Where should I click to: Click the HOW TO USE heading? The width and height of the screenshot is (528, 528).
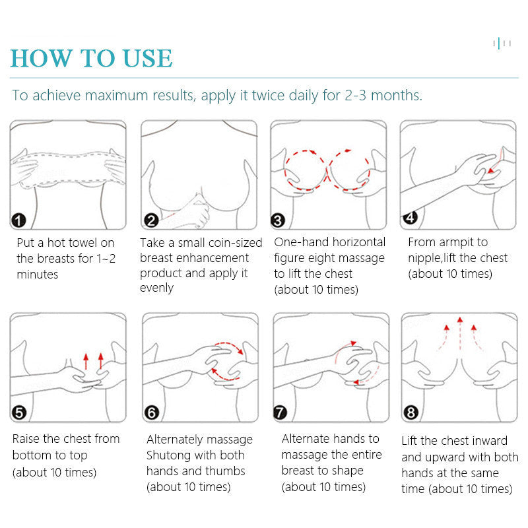[x=91, y=58]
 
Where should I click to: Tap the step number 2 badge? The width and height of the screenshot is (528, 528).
[x=151, y=220]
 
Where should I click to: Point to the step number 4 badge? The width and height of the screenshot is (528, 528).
[x=409, y=217]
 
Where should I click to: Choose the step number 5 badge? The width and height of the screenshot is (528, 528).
[x=19, y=413]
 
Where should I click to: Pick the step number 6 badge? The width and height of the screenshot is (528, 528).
[x=152, y=413]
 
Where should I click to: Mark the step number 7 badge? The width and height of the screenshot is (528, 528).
[x=280, y=413]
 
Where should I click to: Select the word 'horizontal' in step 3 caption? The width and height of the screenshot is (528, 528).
[x=358, y=242]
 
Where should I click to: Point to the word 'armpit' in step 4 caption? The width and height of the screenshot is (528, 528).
[x=457, y=242]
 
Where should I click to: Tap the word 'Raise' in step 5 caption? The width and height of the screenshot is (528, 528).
[x=27, y=439]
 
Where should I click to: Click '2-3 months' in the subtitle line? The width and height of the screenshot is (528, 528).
[x=382, y=95]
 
